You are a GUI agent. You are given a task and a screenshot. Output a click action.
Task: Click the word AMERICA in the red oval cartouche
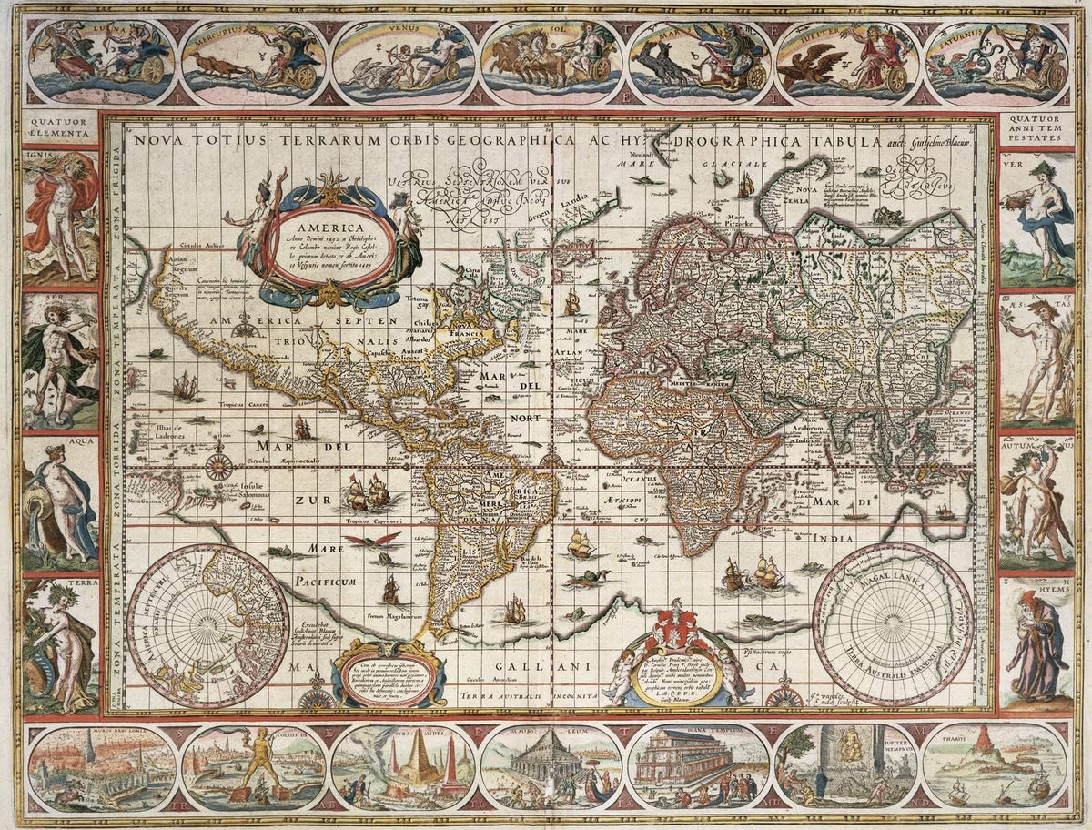[335, 228]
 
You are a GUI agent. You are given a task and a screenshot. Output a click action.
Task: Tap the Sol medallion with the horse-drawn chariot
[551, 61]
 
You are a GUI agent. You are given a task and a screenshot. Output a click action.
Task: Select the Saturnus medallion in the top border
[996, 62]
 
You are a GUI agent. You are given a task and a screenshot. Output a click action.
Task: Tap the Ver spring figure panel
[1036, 218]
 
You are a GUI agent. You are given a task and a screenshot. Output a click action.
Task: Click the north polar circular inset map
[195, 625]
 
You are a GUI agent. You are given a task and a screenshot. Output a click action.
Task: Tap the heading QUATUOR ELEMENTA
[60, 127]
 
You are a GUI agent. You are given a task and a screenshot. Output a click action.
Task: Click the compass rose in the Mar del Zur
[218, 467]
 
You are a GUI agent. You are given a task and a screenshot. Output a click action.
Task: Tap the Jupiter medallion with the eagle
[848, 62]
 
